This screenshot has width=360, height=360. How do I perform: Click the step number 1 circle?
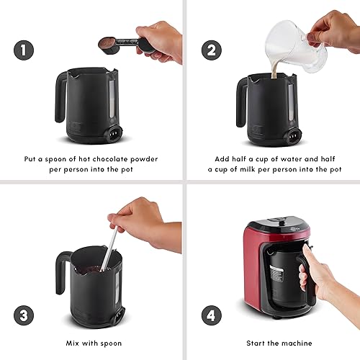pyautogui.click(x=24, y=50)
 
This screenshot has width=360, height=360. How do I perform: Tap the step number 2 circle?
pyautogui.click(x=212, y=50)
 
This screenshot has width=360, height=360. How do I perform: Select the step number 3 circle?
pyautogui.click(x=24, y=315)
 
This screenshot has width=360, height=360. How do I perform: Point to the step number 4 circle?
pyautogui.click(x=212, y=315)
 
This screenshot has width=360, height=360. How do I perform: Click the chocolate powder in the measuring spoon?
pyautogui.click(x=107, y=42)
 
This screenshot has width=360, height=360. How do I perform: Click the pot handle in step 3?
pyautogui.click(x=61, y=272)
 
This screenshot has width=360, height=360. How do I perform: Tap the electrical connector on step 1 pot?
pyautogui.click(x=114, y=132)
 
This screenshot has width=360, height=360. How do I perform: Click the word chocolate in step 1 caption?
pyautogui.click(x=110, y=159)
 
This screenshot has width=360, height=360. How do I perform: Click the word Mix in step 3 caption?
pyautogui.click(x=73, y=343)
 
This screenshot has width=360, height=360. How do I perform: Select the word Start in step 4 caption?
pyautogui.click(x=256, y=343)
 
